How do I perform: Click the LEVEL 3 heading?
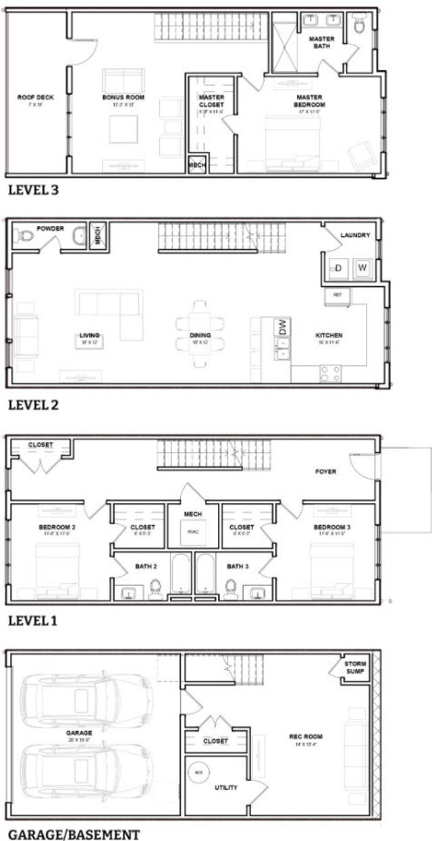[33, 190]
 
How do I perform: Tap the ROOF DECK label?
[36, 97]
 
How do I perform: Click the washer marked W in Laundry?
[362, 268]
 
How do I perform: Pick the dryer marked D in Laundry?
[337, 268]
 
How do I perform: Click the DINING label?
[200, 335]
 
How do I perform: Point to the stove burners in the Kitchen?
[330, 373]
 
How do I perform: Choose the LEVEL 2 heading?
[33, 405]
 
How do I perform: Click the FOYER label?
[325, 472]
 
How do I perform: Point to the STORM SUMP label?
[355, 668]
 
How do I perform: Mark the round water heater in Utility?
[198, 771]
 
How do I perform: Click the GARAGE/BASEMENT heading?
[74, 834]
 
